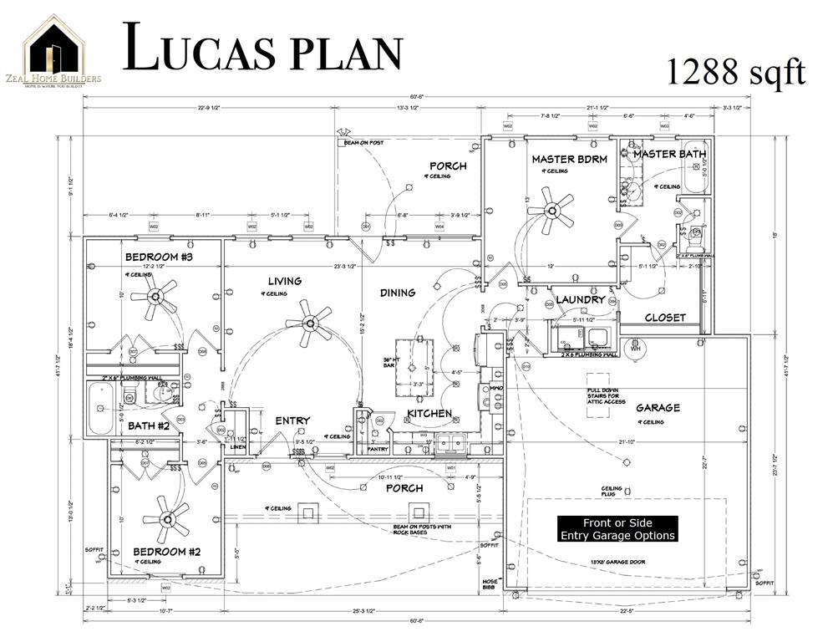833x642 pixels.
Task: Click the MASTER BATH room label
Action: click(668, 154)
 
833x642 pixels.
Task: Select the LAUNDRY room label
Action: click(580, 299)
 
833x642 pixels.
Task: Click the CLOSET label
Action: click(665, 318)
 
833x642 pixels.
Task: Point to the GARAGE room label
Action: click(658, 408)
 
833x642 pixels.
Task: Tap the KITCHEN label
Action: click(429, 414)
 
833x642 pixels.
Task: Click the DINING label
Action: click(398, 293)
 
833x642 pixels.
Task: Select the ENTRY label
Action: click(292, 420)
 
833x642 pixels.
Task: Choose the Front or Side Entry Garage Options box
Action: click(617, 529)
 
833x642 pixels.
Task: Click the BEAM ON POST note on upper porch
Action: click(363, 143)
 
